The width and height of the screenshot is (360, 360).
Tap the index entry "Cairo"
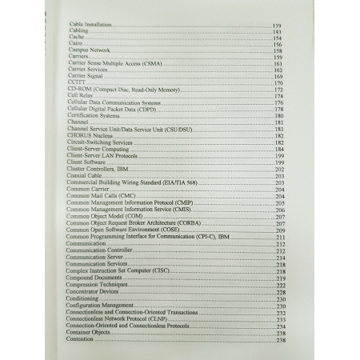click(77, 44)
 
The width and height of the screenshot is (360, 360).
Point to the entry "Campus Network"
click(89, 50)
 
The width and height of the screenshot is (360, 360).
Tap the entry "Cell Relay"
click(81, 95)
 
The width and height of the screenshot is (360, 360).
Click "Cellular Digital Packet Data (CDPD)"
click(112, 109)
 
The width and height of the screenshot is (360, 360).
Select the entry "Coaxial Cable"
click(86, 176)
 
